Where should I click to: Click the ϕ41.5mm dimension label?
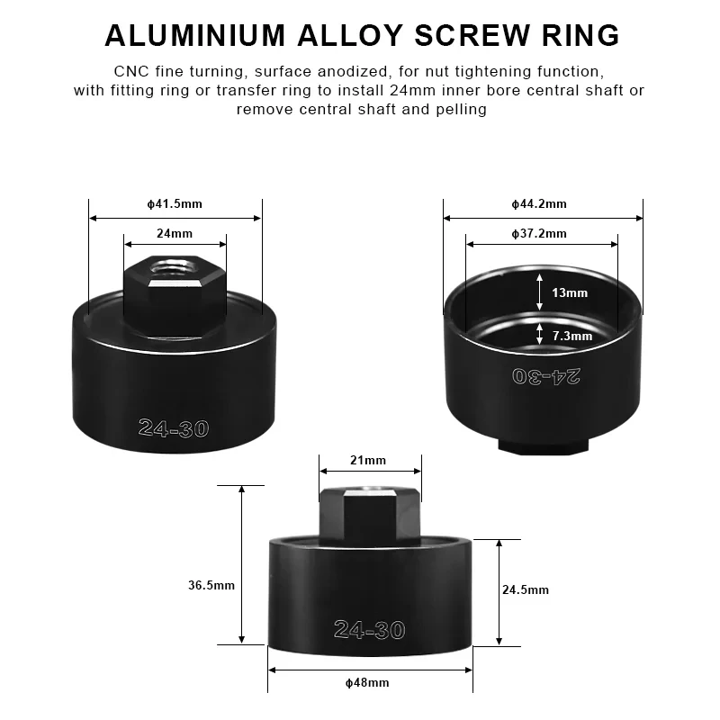coord(175,203)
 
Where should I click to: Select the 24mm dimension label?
coord(175,233)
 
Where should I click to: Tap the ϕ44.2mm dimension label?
coord(542,203)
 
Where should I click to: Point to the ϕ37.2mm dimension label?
coord(541,233)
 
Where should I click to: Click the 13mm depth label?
coord(570,292)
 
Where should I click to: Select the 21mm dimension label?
coord(369,460)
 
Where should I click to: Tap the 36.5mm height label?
coord(211,585)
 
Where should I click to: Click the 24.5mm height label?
coord(526,589)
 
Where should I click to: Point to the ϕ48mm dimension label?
coord(368,682)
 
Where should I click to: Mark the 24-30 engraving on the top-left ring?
coord(174,428)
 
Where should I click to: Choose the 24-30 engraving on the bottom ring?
coord(369,629)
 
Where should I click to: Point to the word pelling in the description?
coord(462,109)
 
